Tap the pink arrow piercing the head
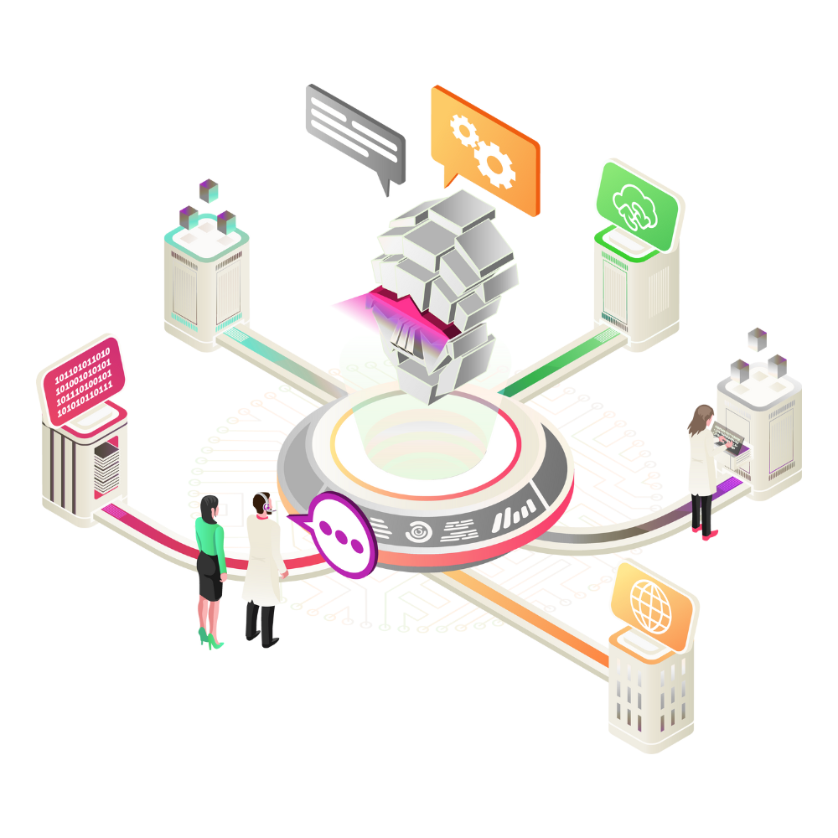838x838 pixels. [369, 306]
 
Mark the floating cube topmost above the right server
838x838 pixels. [758, 339]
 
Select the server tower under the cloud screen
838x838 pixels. [635, 293]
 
